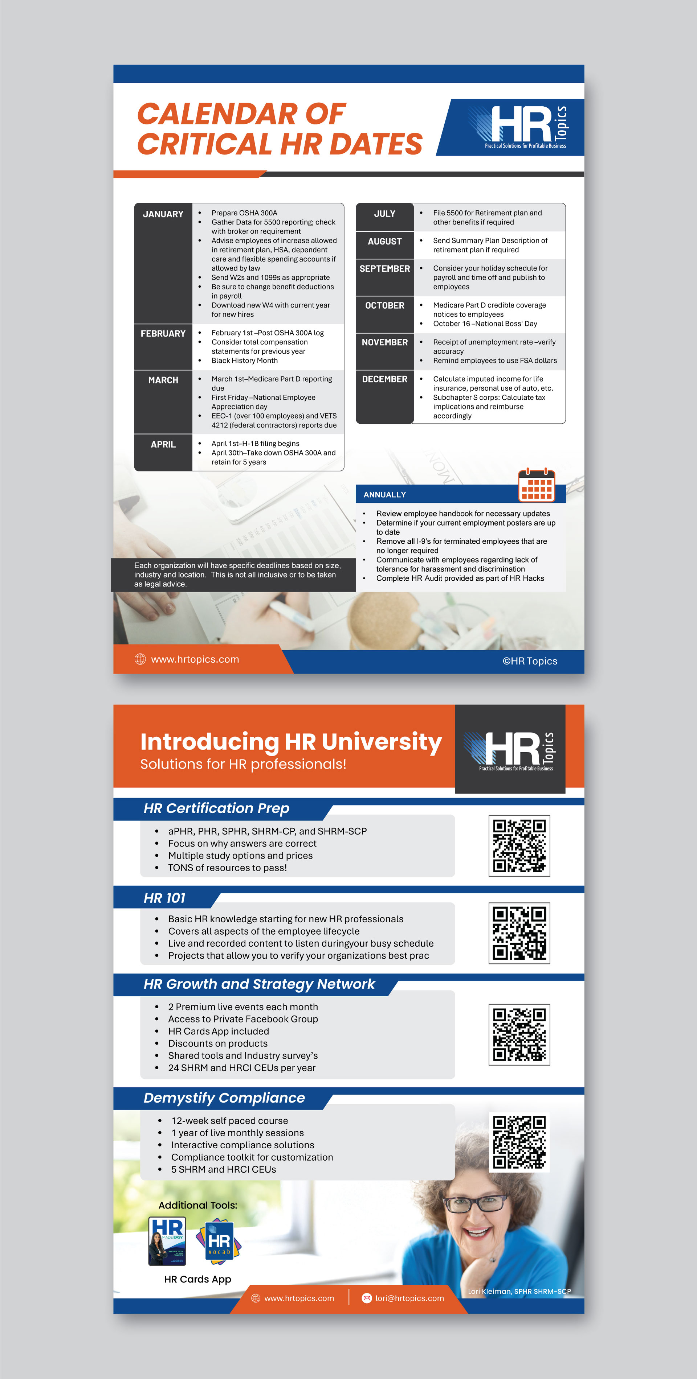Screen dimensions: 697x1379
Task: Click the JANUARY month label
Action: point(163,214)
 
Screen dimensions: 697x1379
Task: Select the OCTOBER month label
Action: point(385,306)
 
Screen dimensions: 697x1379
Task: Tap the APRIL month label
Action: point(163,444)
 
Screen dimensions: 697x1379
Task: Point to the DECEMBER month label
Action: point(385,379)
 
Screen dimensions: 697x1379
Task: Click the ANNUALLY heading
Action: point(385,495)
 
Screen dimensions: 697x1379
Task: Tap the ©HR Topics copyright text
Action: point(530,661)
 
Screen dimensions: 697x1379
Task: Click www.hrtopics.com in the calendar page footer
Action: point(195,659)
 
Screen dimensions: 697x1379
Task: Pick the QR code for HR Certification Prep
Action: point(519,846)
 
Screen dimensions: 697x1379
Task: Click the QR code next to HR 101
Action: point(519,933)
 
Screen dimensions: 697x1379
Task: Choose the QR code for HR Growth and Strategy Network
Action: point(519,1035)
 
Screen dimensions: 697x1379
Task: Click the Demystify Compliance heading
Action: point(224,1098)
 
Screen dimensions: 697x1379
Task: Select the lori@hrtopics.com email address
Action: point(409,1298)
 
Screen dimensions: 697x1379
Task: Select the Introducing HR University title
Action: point(291,742)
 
